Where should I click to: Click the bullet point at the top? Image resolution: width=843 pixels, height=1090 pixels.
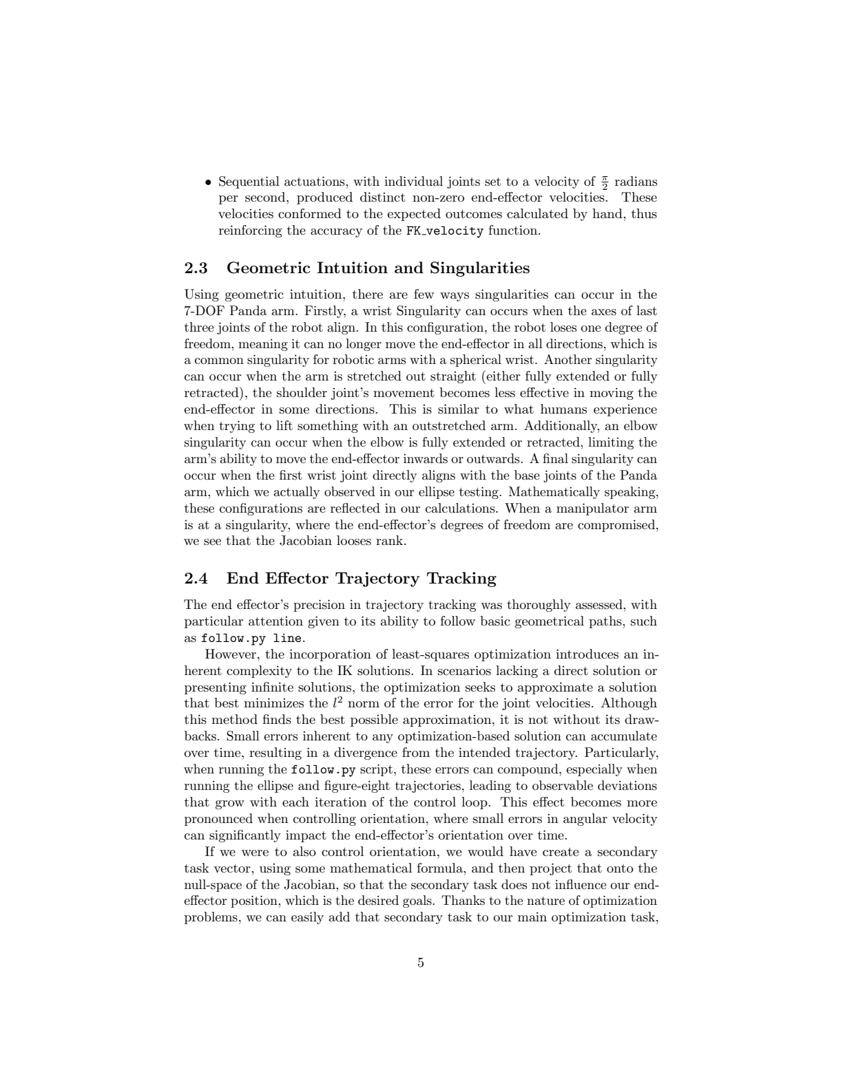[208, 183]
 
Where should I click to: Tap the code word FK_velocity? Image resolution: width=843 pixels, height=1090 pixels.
[444, 231]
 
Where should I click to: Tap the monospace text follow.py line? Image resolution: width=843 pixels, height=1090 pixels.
[251, 639]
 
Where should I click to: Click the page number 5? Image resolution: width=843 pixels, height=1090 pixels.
[421, 963]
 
